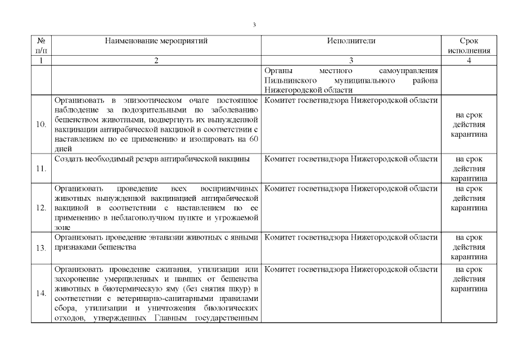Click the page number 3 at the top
pyautogui.click(x=254, y=25)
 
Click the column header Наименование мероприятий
pyautogui.click(x=156, y=41)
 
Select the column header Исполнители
pyautogui.click(x=350, y=41)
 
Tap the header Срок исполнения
pyautogui.click(x=469, y=46)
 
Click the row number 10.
pyautogui.click(x=41, y=124)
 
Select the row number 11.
pyautogui.click(x=41, y=168)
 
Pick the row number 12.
pyautogui.click(x=41, y=208)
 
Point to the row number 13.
pyautogui.click(x=41, y=247)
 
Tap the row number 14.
pyautogui.click(x=41, y=293)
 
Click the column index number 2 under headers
pyautogui.click(x=156, y=61)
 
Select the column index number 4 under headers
pyautogui.click(x=469, y=61)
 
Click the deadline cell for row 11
pyautogui.click(x=469, y=168)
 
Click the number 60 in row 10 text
pyautogui.click(x=252, y=139)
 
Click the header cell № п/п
pyautogui.click(x=41, y=46)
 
